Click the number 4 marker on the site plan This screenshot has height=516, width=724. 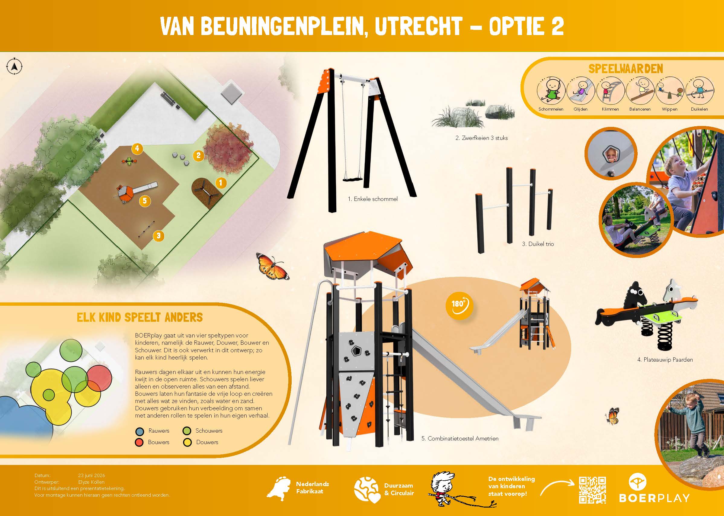[137, 148]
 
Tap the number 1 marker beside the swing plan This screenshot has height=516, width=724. [221, 183]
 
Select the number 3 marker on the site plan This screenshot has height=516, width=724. [159, 235]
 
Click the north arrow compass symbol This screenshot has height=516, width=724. [14, 67]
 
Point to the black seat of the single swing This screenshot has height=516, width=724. [352, 179]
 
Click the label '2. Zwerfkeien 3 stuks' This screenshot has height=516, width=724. [481, 138]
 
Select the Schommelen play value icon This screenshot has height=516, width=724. [551, 91]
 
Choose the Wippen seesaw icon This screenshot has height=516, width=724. [670, 91]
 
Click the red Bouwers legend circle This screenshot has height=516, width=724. [139, 442]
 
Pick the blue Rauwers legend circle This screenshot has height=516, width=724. [139, 431]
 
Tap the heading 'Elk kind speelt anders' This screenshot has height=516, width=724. [140, 317]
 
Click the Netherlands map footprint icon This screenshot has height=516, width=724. [278, 488]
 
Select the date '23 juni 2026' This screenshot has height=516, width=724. [91, 476]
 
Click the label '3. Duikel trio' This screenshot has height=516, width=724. [538, 244]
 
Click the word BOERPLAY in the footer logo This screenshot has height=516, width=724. [655, 498]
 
